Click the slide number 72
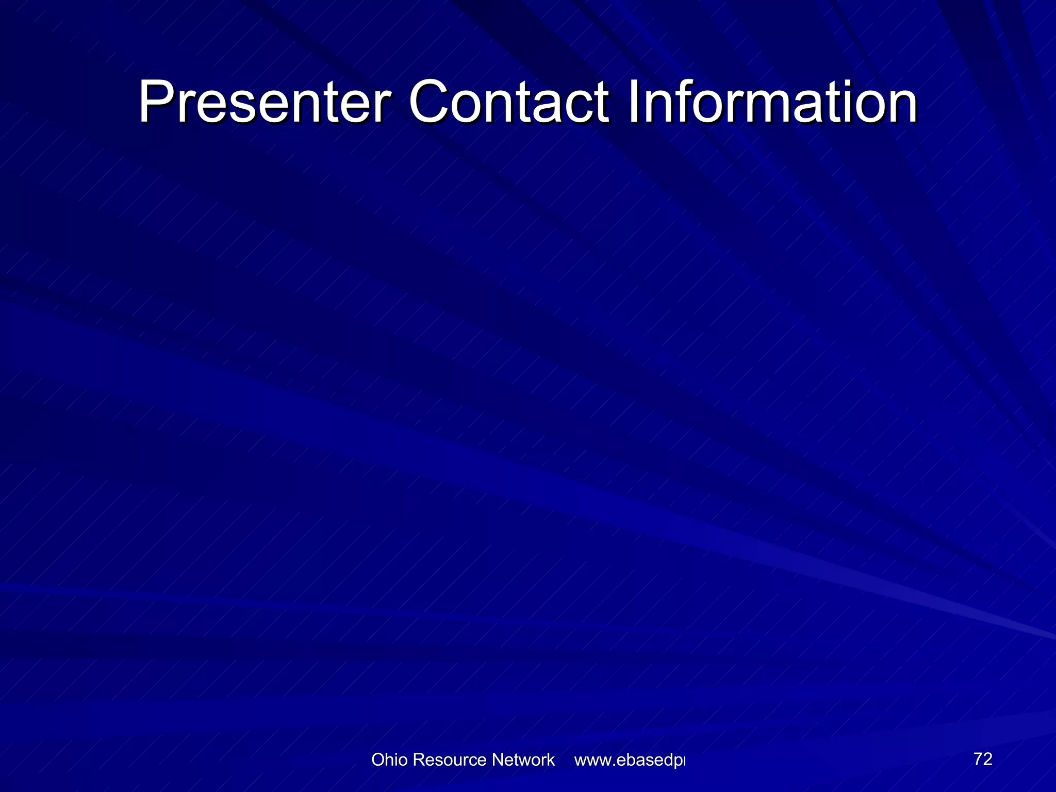[983, 759]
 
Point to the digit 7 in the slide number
[978, 759]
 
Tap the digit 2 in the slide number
[987, 759]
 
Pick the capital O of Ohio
[377, 760]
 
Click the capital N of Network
[498, 760]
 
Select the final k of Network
[551, 760]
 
